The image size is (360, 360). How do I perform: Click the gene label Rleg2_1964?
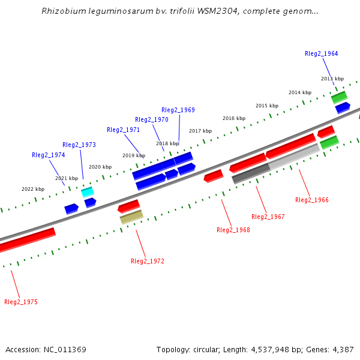coord(321,53)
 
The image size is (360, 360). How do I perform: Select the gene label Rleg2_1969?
coord(178,110)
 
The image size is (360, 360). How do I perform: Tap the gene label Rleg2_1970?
coord(151,119)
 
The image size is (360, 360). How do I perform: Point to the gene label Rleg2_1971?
coord(123,130)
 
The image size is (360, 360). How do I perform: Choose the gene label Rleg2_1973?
coord(79,145)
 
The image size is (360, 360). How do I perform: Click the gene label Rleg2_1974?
coord(48,155)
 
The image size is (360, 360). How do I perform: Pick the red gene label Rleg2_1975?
coord(20,302)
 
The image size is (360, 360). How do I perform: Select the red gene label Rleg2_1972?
coord(147,261)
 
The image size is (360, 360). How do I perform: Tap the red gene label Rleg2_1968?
coord(233,230)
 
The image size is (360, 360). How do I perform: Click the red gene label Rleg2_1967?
coord(268,217)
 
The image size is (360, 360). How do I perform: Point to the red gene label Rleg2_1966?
coord(311,200)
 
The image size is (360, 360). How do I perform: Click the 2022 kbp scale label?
coord(33,189)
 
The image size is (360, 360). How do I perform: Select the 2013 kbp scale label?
coord(332,79)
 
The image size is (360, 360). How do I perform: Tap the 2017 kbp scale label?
coord(200,131)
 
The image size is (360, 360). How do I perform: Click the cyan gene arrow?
coord(88,192)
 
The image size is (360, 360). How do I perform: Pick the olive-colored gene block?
coord(131,217)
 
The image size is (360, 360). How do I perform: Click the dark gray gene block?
coord(251,173)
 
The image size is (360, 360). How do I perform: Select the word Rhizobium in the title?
coord(62,11)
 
